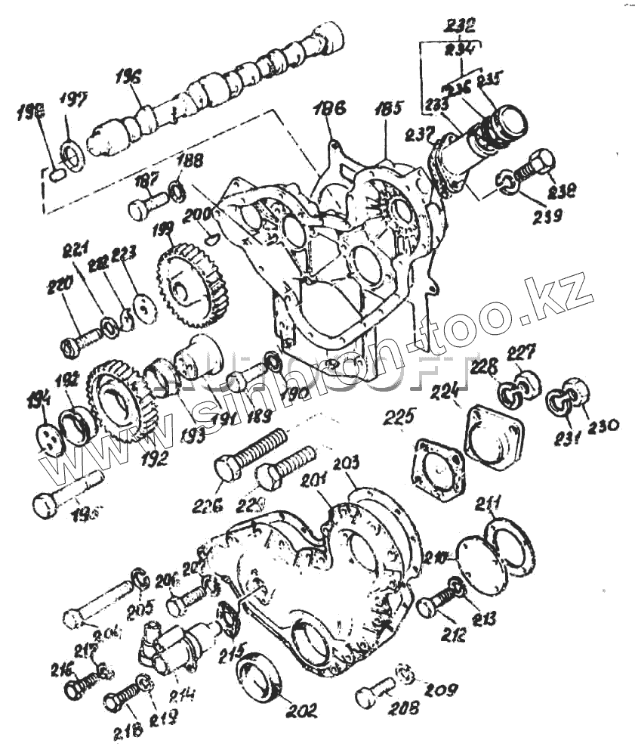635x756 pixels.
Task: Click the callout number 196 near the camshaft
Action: (129, 77)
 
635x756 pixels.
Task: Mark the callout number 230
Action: (604, 426)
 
